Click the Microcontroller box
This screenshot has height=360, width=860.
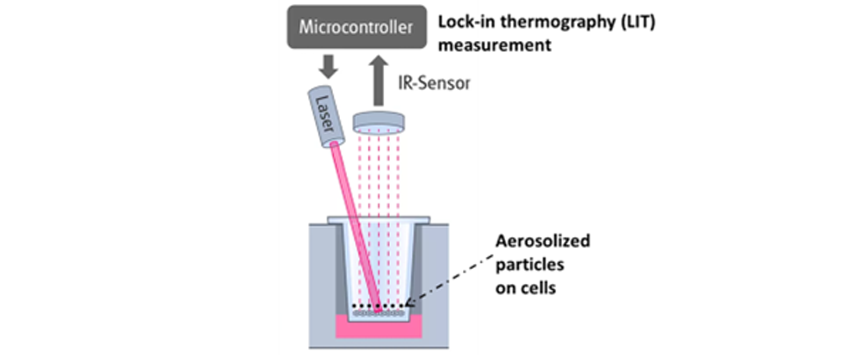tap(357, 27)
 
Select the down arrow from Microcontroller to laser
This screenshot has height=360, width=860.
tap(328, 67)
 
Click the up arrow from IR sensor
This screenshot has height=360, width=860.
tap(378, 81)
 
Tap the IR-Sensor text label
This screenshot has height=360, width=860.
tap(434, 83)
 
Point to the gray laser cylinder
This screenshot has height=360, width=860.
tap(326, 117)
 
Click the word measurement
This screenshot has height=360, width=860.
tap(494, 45)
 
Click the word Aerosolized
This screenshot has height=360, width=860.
tap(542, 241)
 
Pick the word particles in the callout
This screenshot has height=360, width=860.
tap(529, 265)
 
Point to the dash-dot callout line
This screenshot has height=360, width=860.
tap(449, 280)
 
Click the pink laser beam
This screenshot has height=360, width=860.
tap(356, 226)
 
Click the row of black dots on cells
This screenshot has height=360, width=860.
tap(378, 306)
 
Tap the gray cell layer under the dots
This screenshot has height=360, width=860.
tap(378, 313)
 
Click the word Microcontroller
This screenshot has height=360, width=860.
tap(356, 27)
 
